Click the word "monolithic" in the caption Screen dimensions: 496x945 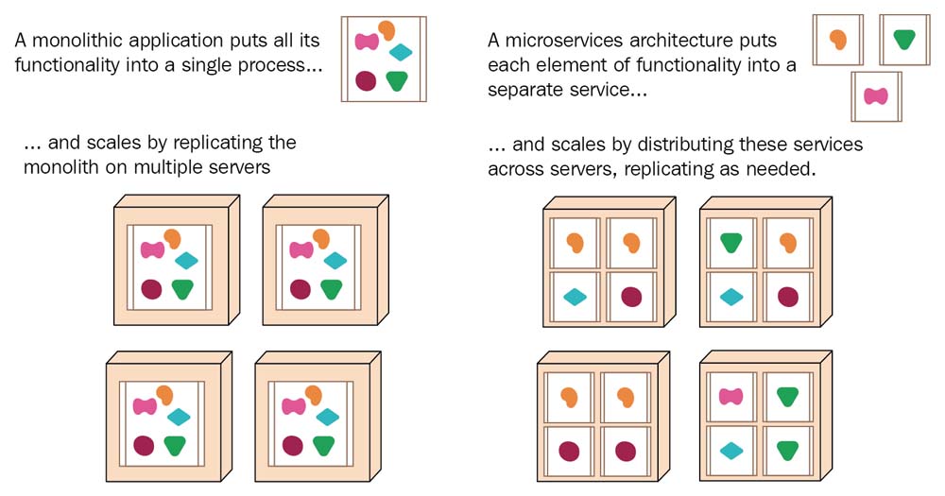pos(76,42)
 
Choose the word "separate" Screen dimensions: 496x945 pos(524,91)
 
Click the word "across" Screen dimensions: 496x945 pos(518,170)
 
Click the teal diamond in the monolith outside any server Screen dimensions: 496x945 pos(401,52)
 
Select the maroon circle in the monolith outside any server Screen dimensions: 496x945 pos(366,80)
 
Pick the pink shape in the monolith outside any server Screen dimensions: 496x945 pos(367,41)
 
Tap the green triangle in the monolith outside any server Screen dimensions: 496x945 pos(397,80)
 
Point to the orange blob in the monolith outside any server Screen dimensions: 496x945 pos(387,30)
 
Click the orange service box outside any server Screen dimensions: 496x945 pos(837,40)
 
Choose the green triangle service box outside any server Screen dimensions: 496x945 pos(904,39)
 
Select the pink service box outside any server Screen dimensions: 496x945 pos(877,95)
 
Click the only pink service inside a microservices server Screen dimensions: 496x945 pos(730,397)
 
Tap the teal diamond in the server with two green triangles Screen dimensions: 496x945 pos(730,451)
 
